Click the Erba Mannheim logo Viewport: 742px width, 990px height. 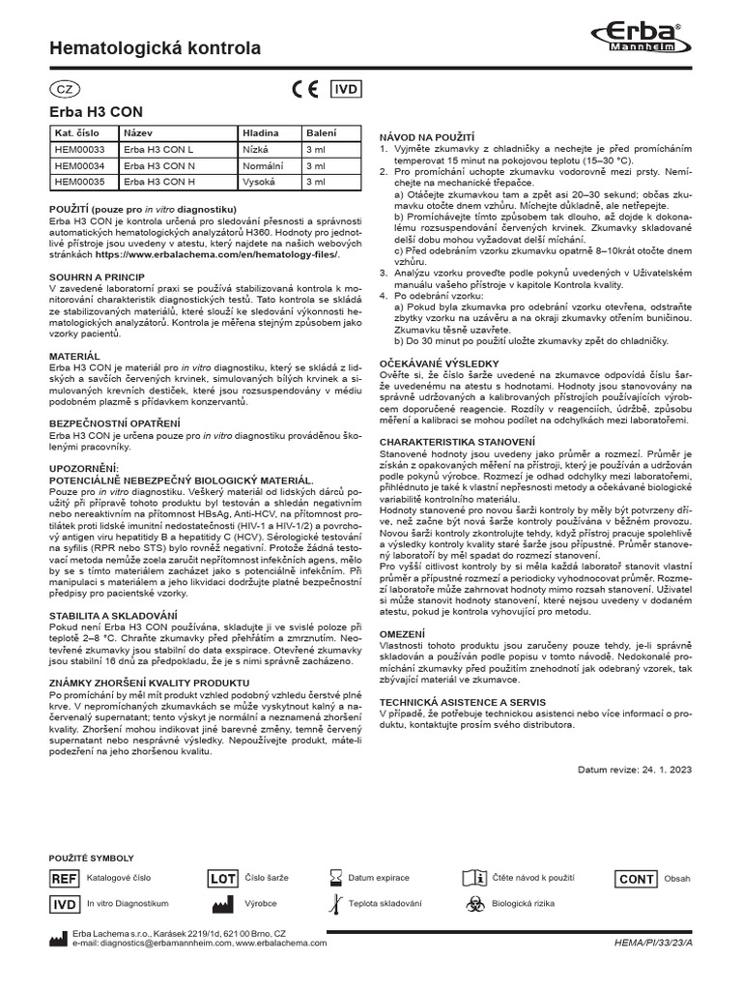(638, 41)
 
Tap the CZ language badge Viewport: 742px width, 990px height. (65, 89)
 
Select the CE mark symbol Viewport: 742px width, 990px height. (304, 89)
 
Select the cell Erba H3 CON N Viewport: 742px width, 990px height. (160, 165)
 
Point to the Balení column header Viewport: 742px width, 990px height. (322, 133)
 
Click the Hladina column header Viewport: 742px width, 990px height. (261, 133)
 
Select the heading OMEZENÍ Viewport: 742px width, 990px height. (404, 632)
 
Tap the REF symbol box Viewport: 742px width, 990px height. (64, 879)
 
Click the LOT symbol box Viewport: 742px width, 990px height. (223, 879)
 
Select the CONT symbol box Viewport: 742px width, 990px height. (636, 879)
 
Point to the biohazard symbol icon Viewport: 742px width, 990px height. (474, 904)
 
